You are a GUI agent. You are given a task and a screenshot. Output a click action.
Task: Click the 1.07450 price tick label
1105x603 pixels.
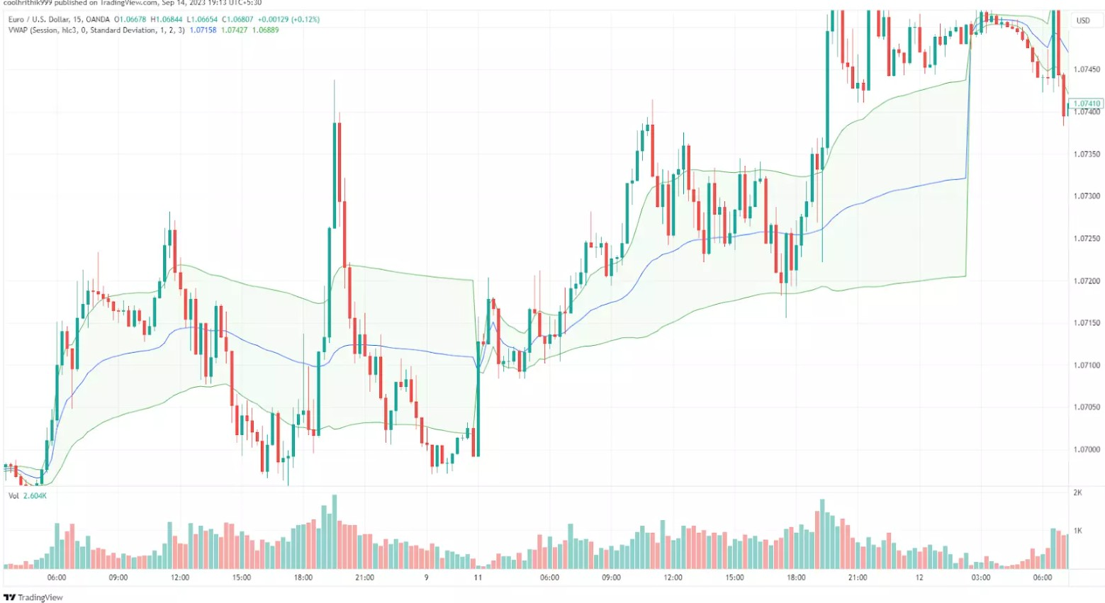coord(1087,69)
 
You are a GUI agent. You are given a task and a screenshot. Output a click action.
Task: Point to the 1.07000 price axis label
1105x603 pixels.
coord(1087,450)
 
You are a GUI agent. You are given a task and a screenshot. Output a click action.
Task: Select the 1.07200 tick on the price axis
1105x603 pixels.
coord(1087,281)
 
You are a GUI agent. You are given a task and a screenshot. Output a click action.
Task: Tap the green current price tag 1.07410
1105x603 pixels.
coord(1087,103)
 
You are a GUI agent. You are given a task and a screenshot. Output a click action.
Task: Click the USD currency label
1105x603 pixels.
coord(1083,21)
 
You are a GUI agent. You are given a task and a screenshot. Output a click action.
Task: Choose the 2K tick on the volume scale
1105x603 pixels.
coord(1077,492)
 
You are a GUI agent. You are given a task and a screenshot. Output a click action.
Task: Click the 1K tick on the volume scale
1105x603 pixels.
coord(1077,531)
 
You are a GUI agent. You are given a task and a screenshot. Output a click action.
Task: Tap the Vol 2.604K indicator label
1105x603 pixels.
coord(28,496)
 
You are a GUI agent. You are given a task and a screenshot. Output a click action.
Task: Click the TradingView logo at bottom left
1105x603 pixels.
coord(33,597)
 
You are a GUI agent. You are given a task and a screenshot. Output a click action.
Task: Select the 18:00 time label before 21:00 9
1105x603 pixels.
coord(303,577)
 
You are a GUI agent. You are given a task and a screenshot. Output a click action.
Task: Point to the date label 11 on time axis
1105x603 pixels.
coord(478,577)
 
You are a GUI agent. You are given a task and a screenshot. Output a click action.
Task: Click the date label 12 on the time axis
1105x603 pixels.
coord(919,577)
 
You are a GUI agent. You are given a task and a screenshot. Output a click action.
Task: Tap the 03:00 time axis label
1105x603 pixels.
coord(981,577)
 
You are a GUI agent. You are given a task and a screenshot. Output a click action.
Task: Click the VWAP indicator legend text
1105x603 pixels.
coord(96,30)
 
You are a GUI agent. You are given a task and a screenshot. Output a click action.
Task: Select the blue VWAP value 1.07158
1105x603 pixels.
coord(203,30)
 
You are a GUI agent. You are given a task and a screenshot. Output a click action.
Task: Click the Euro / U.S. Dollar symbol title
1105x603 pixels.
coord(59,20)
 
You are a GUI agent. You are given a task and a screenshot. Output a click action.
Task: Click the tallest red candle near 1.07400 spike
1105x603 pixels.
coord(340,184)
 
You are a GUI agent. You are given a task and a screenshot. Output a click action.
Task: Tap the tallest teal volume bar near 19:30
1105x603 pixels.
coord(334,531)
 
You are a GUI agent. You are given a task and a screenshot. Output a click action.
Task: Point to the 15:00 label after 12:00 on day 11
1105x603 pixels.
coord(734,577)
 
